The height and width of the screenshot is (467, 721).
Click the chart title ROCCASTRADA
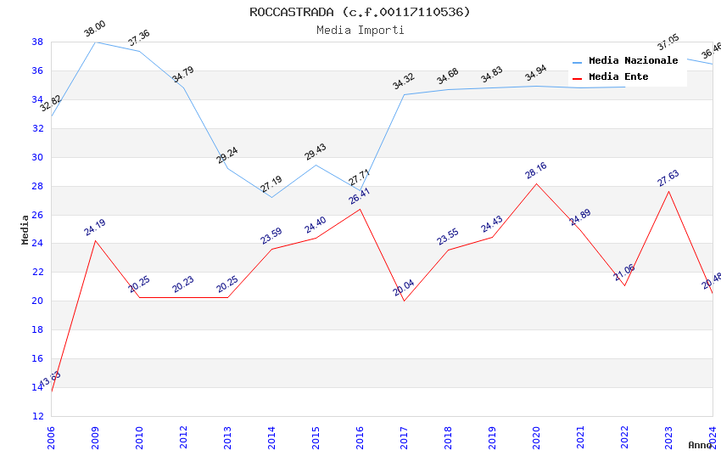(x=360, y=12)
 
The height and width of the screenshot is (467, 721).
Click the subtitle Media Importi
(x=360, y=30)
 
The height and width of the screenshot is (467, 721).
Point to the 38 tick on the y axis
(x=37, y=42)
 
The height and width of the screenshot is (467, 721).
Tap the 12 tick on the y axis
(x=37, y=416)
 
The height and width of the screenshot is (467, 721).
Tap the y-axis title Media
(x=25, y=229)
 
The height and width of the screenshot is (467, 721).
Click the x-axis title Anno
(x=700, y=445)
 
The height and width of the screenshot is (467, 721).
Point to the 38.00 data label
(x=95, y=31)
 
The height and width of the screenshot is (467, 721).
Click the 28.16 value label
(x=536, y=172)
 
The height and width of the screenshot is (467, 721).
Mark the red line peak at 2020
(x=536, y=183)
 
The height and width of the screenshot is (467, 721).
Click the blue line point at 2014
(x=271, y=197)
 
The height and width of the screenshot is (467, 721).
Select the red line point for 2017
(x=404, y=301)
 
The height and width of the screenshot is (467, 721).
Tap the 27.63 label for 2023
(x=668, y=179)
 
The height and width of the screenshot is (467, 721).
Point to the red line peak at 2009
(x=95, y=240)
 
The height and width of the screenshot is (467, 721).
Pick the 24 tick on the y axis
(x=37, y=244)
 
